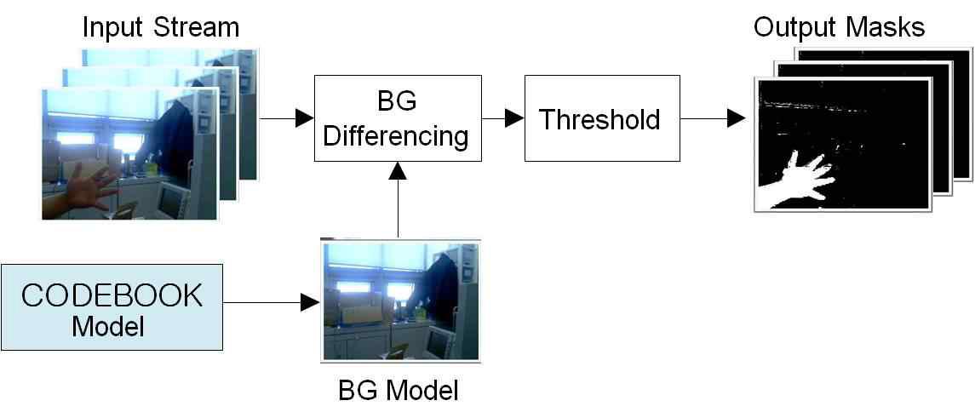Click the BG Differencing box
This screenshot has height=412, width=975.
pos(398,118)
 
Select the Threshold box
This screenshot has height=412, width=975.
pos(601,118)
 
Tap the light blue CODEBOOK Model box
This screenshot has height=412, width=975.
pos(112,307)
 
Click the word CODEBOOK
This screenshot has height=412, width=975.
pos(112,295)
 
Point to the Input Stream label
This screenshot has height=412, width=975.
pos(160,27)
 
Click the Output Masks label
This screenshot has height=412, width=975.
pos(839,27)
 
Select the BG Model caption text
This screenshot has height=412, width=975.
pos(399,391)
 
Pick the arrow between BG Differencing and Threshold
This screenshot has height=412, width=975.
pos(502,118)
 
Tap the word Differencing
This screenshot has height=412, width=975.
pos(398,134)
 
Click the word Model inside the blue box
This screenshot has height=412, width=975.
pos(108,325)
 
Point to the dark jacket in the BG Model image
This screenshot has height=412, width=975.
pos(444,285)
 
